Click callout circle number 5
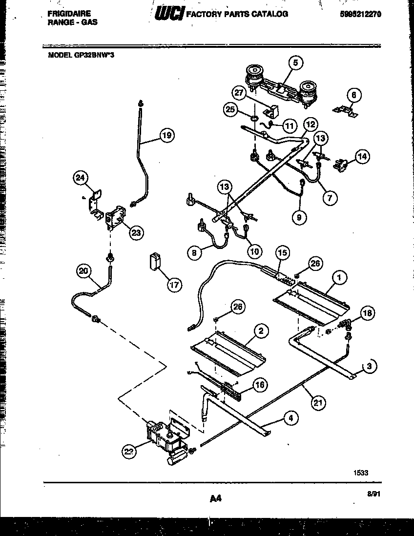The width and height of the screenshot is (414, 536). (x=295, y=62)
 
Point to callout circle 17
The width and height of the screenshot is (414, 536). (x=174, y=285)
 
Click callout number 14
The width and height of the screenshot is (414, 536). (x=362, y=157)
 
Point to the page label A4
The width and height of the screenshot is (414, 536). (x=216, y=498)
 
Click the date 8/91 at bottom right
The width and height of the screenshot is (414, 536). (x=373, y=494)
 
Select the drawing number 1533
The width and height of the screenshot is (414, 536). (x=360, y=472)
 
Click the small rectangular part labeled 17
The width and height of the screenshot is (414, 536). (x=155, y=261)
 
